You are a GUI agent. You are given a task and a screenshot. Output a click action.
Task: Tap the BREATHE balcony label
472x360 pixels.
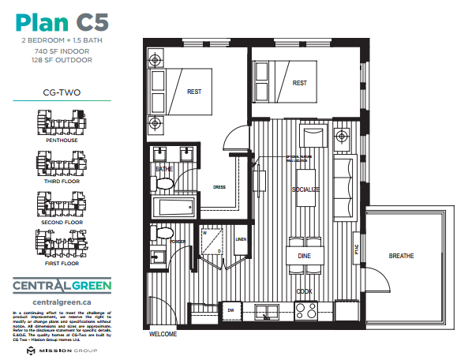(x=403, y=256)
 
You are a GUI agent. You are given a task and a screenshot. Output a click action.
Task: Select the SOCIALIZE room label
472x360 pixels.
(x=306, y=190)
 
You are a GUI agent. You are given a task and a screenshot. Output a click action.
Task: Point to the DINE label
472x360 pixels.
(x=304, y=256)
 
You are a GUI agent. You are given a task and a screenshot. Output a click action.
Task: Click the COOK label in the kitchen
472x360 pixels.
(x=304, y=291)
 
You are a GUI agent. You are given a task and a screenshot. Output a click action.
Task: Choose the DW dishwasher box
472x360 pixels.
(x=230, y=311)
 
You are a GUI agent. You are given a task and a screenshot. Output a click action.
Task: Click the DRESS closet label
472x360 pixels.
(x=219, y=188)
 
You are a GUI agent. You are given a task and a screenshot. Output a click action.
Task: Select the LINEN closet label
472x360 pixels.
(x=241, y=239)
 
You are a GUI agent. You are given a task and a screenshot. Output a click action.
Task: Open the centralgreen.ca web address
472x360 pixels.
(x=61, y=302)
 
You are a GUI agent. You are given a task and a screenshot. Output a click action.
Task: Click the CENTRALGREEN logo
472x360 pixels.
(x=61, y=285)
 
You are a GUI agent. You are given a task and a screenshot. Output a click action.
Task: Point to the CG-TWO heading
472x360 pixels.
(x=61, y=92)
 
